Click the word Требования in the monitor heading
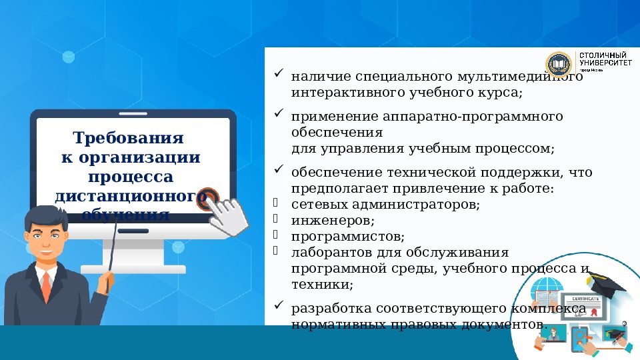point(127,139)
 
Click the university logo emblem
point(559,64)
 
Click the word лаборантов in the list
point(325,253)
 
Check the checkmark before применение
point(279,114)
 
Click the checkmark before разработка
point(279,306)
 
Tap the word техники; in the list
point(322,284)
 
